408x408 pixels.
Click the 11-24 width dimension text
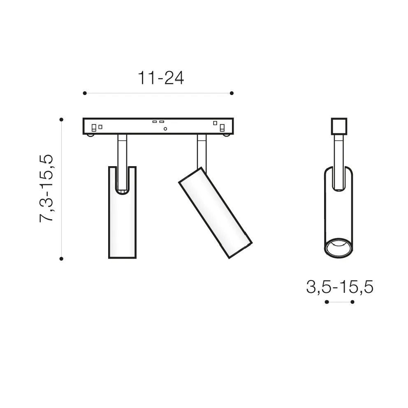tap(160, 78)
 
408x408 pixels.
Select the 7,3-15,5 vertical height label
tap(46, 188)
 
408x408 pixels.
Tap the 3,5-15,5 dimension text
tap(339, 287)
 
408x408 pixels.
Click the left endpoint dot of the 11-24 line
tap(85, 93)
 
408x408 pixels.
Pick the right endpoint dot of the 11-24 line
tap(232, 93)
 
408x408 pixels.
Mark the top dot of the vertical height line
tap(61, 119)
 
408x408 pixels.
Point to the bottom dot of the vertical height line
tap(61, 259)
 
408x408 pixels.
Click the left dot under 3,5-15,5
tap(327, 302)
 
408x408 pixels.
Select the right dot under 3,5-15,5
tap(352, 302)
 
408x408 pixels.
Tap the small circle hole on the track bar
tap(165, 129)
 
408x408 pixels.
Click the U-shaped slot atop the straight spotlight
tap(122, 181)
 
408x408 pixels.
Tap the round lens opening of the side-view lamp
tap(338, 248)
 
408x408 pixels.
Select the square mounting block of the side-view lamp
tap(338, 126)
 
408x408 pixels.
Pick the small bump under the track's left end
tap(90, 134)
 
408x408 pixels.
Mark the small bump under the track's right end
tap(225, 134)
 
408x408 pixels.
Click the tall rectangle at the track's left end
tap(94, 128)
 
